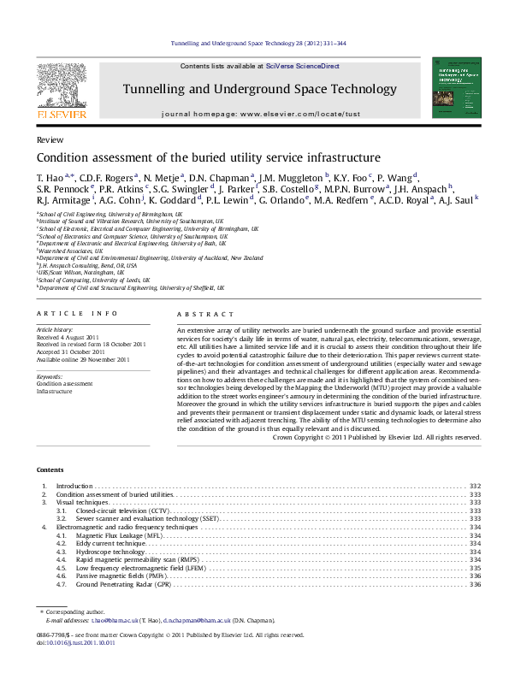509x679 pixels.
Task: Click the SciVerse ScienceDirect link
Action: point(302,66)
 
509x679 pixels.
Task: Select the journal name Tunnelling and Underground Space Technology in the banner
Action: point(259,89)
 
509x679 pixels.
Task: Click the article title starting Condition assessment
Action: point(196,157)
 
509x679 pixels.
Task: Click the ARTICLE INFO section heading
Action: point(70,316)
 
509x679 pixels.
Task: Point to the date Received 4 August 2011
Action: point(70,337)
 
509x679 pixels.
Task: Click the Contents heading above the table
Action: point(50,470)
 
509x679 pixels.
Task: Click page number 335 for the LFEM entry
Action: point(475,568)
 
